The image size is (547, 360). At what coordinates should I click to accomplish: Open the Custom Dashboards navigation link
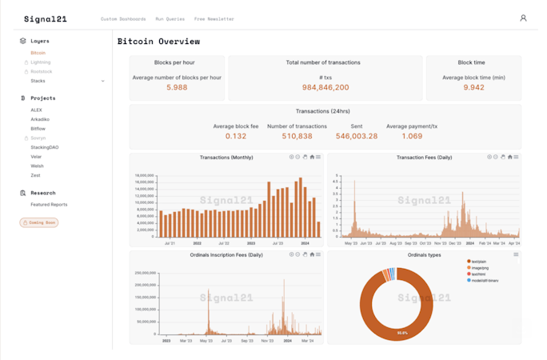tap(123, 18)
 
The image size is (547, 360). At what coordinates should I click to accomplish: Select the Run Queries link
tap(170, 18)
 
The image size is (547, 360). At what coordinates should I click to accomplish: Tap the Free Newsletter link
tap(214, 18)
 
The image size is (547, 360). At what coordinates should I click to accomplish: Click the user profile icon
tap(523, 18)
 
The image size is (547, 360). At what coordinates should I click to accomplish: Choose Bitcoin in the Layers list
tap(38, 53)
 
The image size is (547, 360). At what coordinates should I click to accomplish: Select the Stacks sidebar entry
tap(38, 81)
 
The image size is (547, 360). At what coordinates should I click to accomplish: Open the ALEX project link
tap(37, 109)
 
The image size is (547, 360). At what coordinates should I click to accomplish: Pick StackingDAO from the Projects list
tap(44, 147)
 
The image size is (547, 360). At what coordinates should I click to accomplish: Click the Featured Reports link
tap(49, 204)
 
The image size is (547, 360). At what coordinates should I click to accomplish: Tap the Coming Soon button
tap(39, 222)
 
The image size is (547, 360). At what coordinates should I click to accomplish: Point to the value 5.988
tap(177, 87)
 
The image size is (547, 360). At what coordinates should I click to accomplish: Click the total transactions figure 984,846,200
tap(325, 87)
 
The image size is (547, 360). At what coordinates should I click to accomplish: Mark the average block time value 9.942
tap(473, 87)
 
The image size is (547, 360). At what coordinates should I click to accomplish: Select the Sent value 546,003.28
tap(357, 136)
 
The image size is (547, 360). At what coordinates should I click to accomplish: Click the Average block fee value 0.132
tap(236, 136)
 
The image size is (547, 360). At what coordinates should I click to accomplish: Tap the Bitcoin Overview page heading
tap(158, 42)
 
